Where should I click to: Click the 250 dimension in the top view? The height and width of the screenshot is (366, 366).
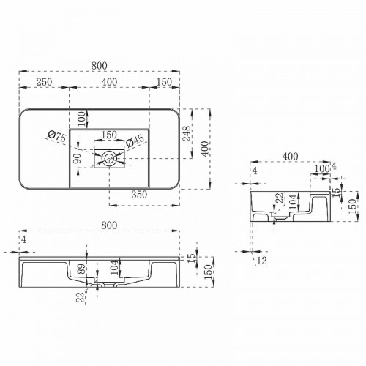43,81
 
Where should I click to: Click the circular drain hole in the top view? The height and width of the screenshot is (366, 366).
109,156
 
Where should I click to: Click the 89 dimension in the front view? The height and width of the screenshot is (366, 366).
81,269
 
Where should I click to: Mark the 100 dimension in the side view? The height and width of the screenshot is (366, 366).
321,169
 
